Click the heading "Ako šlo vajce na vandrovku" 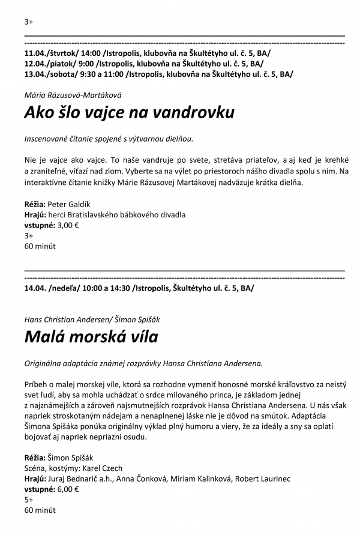click(x=129, y=113)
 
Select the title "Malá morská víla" click(x=91, y=337)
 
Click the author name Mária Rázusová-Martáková click(x=74, y=94)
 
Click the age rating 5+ click(x=29, y=500)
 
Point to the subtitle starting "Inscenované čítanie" click(x=109, y=139)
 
